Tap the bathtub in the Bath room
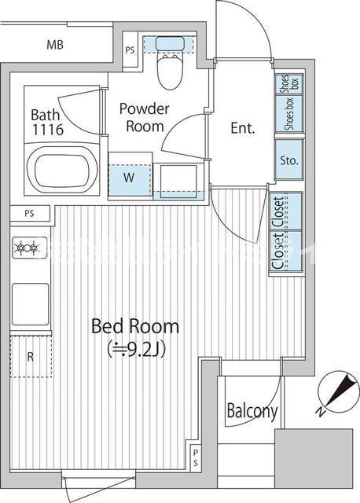[62, 170]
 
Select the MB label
[55, 45]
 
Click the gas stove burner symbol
[30, 248]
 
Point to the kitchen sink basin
[31, 304]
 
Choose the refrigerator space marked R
[31, 356]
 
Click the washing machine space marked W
[130, 179]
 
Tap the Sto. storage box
[289, 160]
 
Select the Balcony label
[252, 411]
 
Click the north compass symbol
[337, 391]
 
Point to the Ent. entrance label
[243, 128]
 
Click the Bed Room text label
[135, 326]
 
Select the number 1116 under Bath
[48, 129]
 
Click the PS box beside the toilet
[130, 50]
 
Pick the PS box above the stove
[30, 214]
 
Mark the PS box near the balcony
[196, 457]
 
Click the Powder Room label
[145, 117]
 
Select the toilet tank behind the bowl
[170, 44]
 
